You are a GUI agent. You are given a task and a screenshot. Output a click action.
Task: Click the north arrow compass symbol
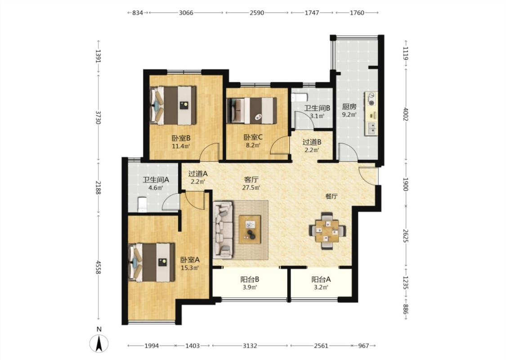click(x=99, y=343)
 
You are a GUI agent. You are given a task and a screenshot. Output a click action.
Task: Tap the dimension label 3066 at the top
click(x=186, y=13)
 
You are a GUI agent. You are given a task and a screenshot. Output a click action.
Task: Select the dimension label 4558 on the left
click(x=99, y=267)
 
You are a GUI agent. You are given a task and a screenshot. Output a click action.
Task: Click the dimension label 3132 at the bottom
click(x=250, y=346)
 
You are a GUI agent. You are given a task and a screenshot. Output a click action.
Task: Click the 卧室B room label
click(x=181, y=138)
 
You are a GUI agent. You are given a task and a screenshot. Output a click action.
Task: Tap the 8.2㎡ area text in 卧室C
click(x=253, y=145)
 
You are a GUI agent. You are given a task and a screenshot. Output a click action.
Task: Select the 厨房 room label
click(x=349, y=107)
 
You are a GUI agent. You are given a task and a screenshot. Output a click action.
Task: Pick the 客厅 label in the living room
click(x=251, y=180)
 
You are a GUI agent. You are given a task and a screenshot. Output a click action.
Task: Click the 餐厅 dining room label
click(x=331, y=196)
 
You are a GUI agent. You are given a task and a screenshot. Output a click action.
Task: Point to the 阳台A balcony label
click(x=321, y=279)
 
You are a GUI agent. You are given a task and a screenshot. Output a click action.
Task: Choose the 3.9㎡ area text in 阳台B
click(x=250, y=288)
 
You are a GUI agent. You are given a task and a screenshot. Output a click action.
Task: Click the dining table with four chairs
click(x=327, y=230)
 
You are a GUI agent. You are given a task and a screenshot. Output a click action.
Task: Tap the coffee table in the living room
click(x=250, y=229)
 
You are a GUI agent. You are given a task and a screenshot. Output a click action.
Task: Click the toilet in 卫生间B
click(x=299, y=97)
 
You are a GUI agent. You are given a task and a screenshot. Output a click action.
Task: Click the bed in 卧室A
click(x=151, y=262)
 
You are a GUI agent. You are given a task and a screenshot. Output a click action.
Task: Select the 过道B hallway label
click(x=312, y=142)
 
